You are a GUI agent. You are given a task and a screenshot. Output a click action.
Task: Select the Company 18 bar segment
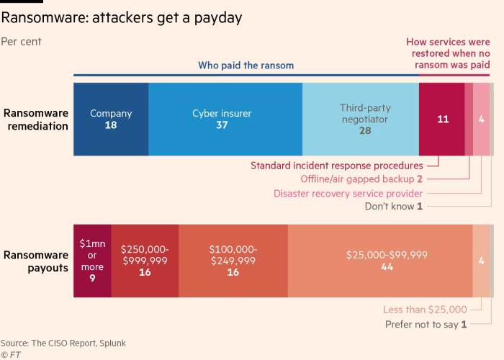[111, 119]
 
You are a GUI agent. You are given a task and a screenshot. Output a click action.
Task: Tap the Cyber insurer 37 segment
[225, 119]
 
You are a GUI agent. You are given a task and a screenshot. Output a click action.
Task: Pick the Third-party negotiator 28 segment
[360, 119]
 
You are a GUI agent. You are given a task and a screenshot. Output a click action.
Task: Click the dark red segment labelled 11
[441, 119]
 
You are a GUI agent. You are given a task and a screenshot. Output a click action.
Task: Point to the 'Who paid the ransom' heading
[246, 66]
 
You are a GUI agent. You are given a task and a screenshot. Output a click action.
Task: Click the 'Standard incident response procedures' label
[336, 166]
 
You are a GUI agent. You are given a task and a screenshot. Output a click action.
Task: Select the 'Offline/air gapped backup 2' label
[361, 179]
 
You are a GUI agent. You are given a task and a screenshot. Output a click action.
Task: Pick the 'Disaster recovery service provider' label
[348, 193]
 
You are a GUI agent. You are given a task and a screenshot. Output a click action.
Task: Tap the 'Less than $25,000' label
[425, 310]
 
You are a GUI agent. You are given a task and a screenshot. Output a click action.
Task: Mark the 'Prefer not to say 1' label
[424, 324]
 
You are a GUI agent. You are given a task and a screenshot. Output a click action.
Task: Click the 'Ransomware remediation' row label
[36, 120]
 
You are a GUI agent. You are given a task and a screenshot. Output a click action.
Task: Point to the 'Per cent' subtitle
[22, 42]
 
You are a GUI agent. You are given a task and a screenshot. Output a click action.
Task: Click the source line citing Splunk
[63, 343]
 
